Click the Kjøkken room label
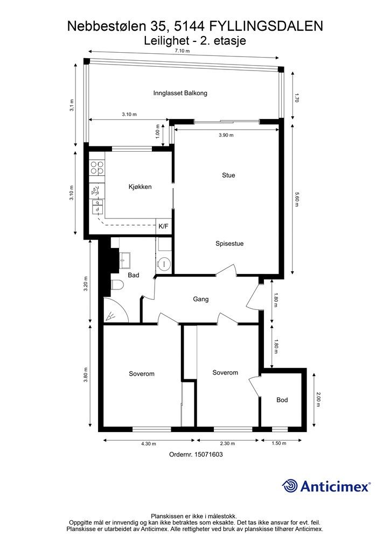(x=140, y=187)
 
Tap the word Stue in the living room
(x=228, y=175)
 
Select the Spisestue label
(x=229, y=243)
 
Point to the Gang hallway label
(x=200, y=299)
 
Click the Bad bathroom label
(x=133, y=275)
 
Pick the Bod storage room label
(x=282, y=400)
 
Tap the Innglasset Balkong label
(x=180, y=93)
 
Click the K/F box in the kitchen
(x=164, y=227)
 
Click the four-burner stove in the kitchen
(x=97, y=168)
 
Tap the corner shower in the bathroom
(x=115, y=310)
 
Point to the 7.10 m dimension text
(x=182, y=51)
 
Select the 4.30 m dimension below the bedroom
(x=148, y=443)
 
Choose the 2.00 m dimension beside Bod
(x=318, y=400)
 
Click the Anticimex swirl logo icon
(x=289, y=486)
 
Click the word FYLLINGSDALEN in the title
(x=266, y=26)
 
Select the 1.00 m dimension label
(x=158, y=131)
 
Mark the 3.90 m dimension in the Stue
(x=226, y=135)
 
